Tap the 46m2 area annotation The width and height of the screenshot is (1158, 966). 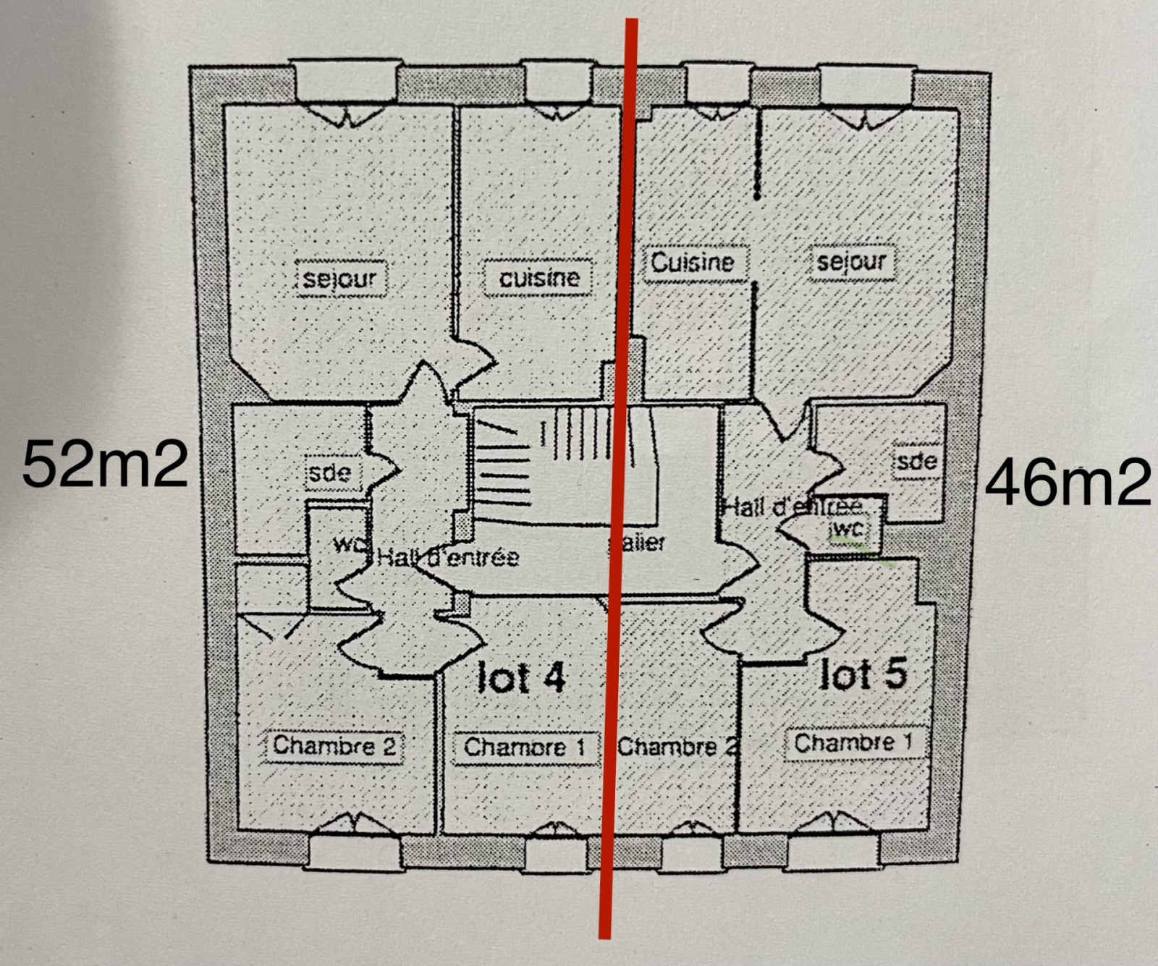1068,483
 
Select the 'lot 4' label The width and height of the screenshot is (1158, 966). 521,678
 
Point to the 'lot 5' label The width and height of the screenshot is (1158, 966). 863,674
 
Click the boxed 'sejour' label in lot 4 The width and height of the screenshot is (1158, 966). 340,279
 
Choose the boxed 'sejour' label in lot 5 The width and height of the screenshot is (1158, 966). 851,262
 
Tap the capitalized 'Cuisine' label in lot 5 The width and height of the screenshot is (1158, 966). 692,262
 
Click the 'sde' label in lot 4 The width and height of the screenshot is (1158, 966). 329,473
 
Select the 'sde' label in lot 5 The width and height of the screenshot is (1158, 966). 916,461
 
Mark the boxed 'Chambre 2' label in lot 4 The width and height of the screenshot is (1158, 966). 334,745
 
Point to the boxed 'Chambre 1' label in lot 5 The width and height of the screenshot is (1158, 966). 853,742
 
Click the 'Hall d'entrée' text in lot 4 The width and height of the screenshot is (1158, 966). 448,557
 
